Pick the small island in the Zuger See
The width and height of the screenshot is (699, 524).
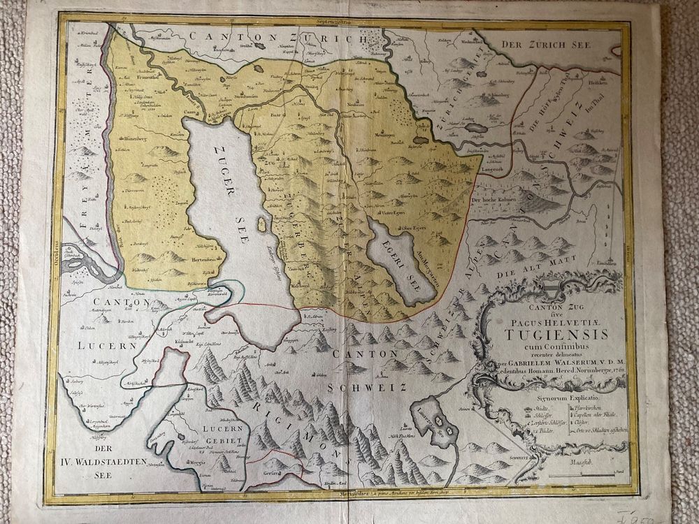pos(262,225)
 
